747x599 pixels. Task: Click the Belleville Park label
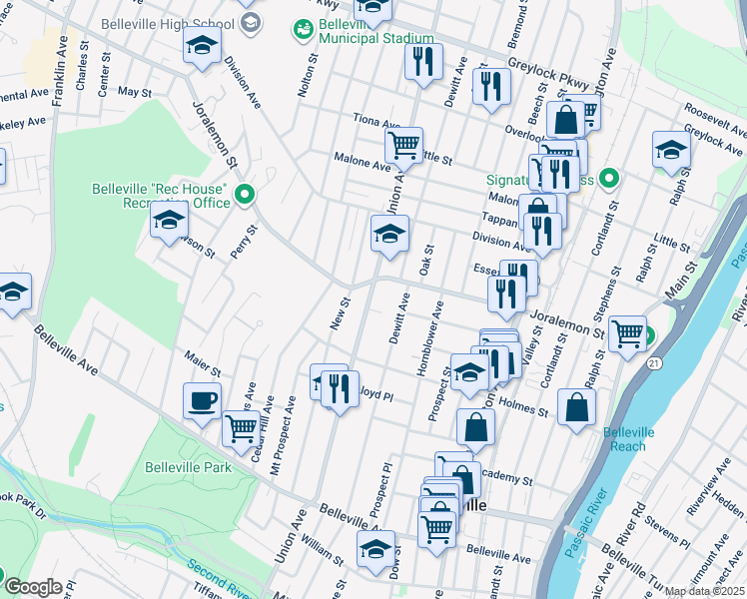coord(188,467)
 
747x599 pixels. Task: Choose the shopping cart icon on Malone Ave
coord(404,145)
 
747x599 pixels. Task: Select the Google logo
coord(33,587)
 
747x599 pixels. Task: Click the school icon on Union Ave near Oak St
coord(389,235)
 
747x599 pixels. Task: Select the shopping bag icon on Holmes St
coord(577,407)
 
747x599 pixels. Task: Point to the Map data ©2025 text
coord(705,591)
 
